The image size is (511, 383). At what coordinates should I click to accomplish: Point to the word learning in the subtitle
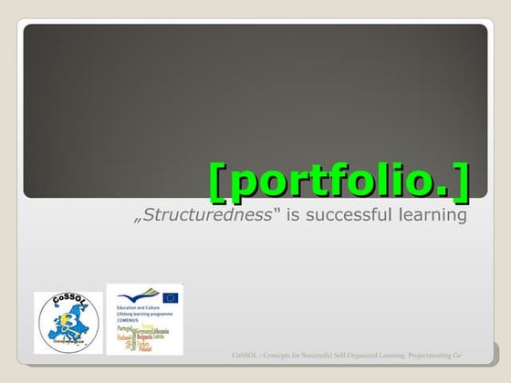click(433, 215)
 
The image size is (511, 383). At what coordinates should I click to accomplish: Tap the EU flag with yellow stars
click(170, 297)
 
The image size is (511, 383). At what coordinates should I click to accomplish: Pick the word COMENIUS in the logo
click(128, 321)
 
